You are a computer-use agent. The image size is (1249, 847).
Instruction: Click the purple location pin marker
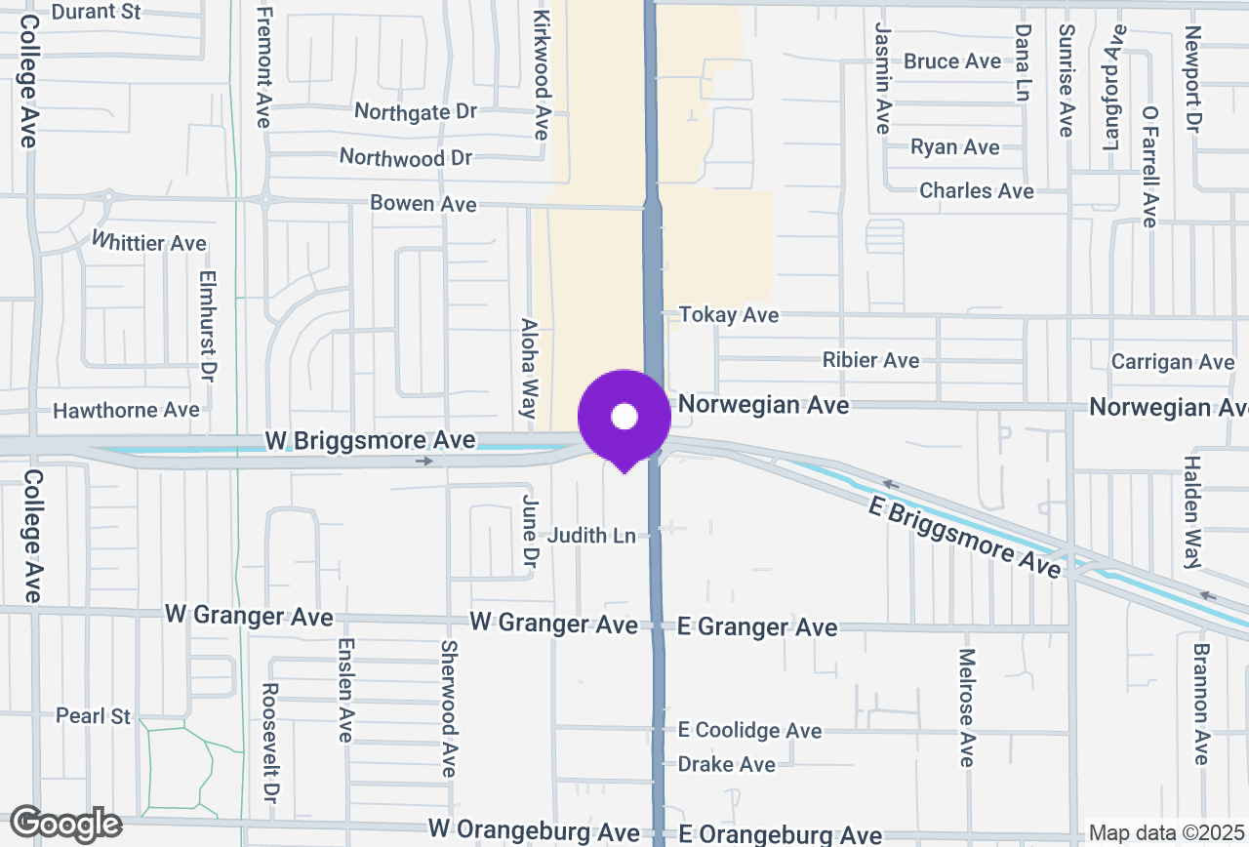(x=624, y=418)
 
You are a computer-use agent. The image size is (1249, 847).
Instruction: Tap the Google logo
(x=65, y=825)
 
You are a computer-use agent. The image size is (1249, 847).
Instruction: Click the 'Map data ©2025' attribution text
(x=1167, y=833)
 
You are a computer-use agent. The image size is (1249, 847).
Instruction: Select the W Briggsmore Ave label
(x=370, y=441)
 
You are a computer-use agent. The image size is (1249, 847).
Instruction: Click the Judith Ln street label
(x=590, y=536)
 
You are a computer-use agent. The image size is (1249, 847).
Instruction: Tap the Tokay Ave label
(x=729, y=315)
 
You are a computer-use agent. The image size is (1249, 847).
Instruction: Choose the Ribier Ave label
(x=870, y=360)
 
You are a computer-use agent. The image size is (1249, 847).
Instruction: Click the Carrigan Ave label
(x=1173, y=362)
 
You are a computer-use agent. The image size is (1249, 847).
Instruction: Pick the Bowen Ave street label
(x=423, y=204)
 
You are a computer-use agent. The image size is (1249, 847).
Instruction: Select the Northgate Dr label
(x=416, y=112)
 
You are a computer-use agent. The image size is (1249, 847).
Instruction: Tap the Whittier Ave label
(x=149, y=241)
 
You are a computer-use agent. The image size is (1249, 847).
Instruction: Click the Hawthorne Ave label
(x=126, y=410)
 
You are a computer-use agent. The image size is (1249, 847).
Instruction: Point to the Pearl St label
(x=93, y=716)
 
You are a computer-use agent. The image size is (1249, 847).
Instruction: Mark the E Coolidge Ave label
(x=750, y=730)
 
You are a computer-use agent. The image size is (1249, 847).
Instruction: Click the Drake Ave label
(x=727, y=764)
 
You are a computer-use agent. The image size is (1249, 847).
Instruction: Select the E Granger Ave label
(x=757, y=626)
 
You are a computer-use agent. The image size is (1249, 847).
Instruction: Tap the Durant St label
(x=96, y=12)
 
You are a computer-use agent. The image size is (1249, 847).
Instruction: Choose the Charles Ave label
(x=976, y=190)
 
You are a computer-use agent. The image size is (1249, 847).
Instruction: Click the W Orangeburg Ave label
(x=534, y=832)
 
